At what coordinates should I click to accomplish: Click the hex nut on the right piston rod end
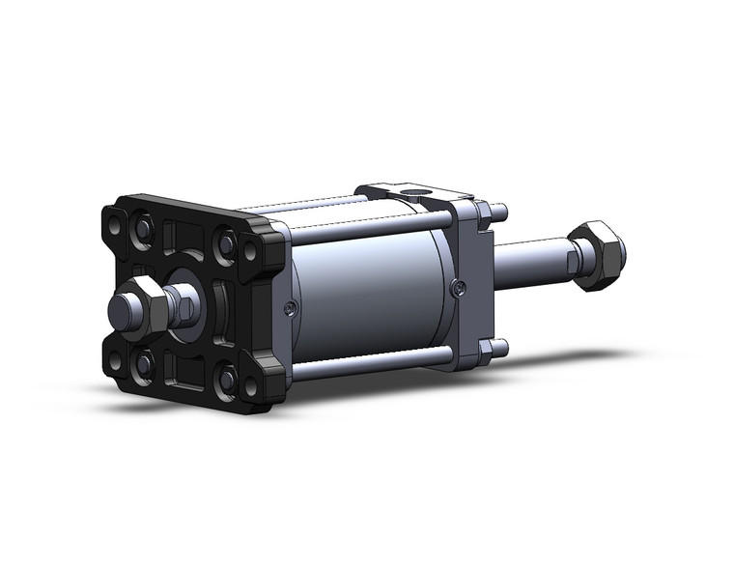tap(599, 255)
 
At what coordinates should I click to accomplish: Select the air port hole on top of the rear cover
tap(415, 201)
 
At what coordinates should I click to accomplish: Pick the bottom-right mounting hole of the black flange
tap(251, 387)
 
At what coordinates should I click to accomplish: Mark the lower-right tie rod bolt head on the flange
tap(229, 380)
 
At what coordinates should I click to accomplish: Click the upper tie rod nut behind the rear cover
tap(498, 212)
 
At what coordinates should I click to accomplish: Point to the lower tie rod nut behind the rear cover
tap(498, 348)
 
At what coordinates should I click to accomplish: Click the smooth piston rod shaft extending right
tap(531, 258)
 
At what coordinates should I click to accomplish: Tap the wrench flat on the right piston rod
tap(576, 259)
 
